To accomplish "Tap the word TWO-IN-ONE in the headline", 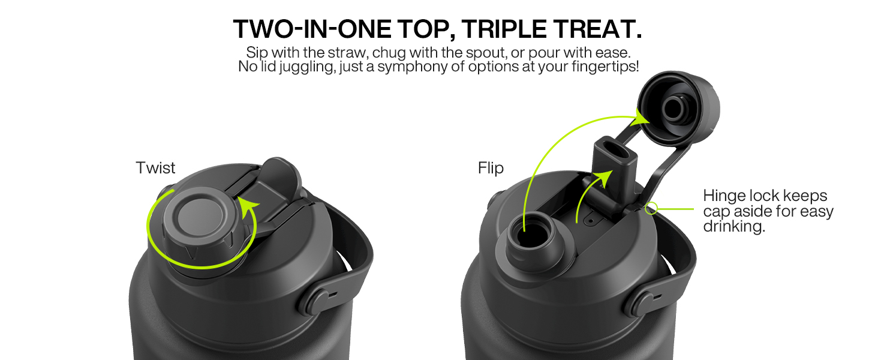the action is [x=312, y=29].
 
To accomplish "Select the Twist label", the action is [x=155, y=168].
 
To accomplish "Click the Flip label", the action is [x=491, y=168].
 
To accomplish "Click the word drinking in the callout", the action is [x=733, y=227].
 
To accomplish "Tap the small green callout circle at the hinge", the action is [x=651, y=208].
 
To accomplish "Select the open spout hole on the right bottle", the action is [x=531, y=235].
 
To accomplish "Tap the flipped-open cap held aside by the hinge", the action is [x=678, y=108].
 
